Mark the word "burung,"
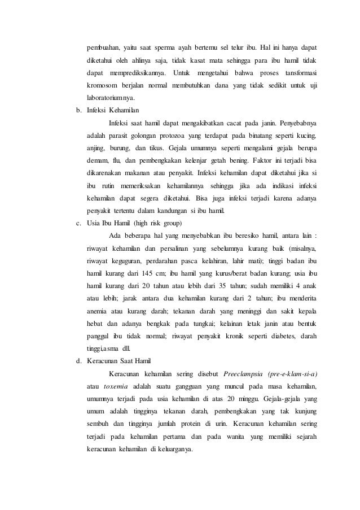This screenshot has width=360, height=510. click(x=123, y=149)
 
